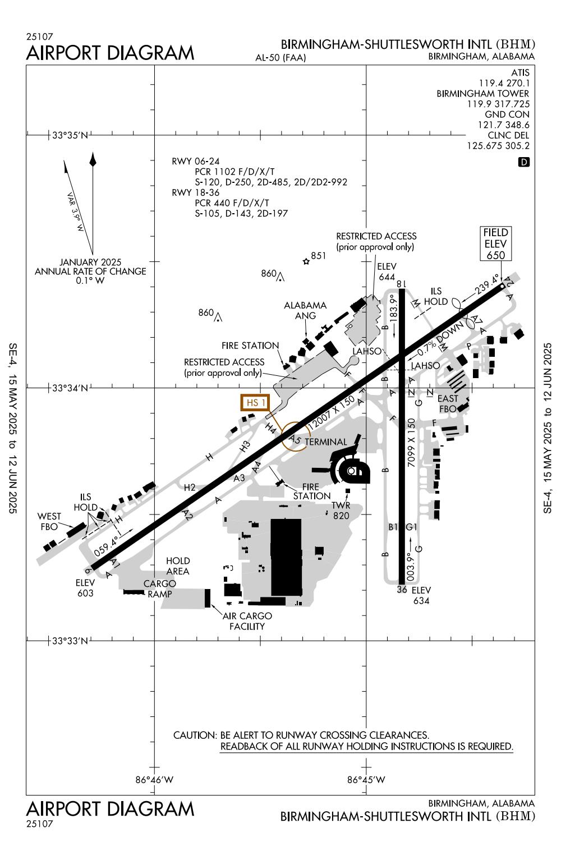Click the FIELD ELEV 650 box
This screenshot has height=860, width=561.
point(496,243)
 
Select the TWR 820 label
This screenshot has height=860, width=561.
point(341,511)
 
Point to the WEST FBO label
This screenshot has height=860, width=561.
point(49,521)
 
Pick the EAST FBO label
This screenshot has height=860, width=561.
point(448,403)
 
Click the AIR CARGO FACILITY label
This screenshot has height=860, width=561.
point(247,621)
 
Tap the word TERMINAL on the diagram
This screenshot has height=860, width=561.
point(326,442)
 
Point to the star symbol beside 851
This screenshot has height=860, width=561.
point(306,261)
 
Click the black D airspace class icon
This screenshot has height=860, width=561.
point(524,163)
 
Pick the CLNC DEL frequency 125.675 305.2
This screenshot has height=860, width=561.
point(498,146)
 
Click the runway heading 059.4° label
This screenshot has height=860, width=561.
point(106,545)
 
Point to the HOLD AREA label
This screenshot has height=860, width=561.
point(178,565)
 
